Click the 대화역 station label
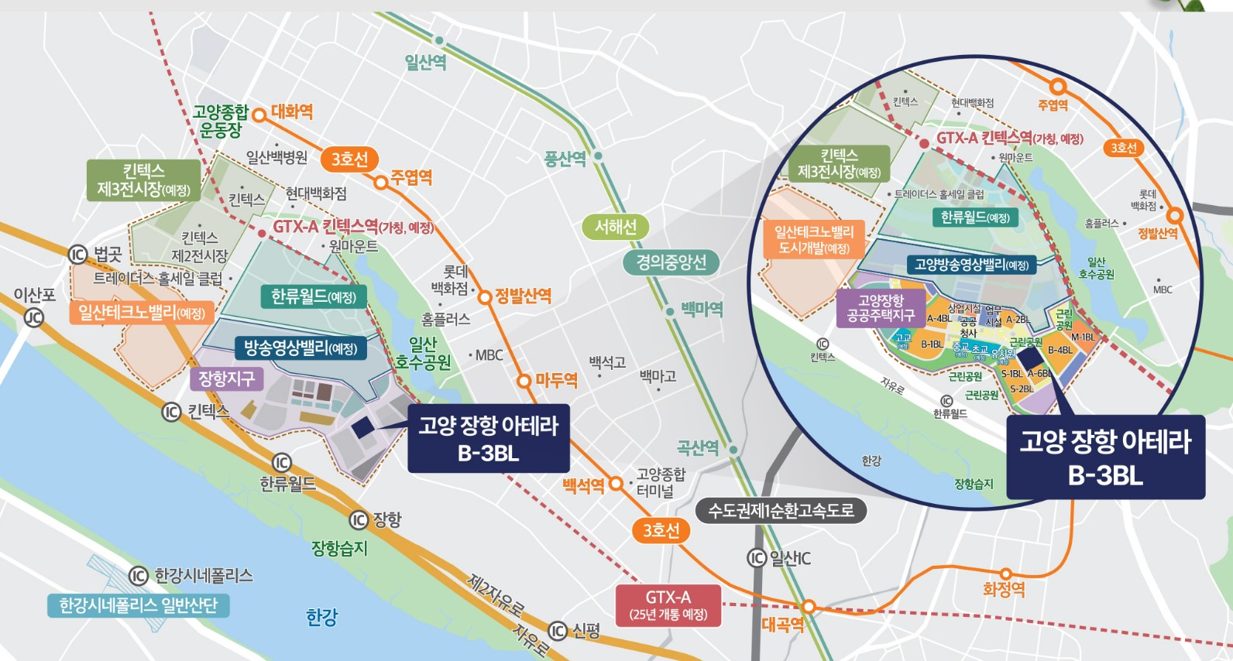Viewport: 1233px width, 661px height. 292,112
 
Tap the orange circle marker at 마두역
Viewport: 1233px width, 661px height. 524,381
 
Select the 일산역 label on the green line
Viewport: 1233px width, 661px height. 425,62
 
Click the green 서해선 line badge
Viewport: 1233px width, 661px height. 615,227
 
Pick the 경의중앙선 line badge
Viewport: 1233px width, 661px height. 671,262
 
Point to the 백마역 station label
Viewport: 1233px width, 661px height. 702,310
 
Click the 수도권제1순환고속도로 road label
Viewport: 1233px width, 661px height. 781,511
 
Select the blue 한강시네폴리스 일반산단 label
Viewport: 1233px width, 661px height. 139,605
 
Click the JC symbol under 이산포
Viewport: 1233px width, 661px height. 33,317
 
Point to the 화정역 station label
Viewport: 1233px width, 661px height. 1004,590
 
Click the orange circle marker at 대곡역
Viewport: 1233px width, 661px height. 808,606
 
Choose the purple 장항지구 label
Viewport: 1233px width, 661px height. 226,378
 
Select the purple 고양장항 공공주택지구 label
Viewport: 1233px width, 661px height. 881,307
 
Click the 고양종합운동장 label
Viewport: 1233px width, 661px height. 221,122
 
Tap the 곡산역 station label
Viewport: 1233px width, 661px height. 698,448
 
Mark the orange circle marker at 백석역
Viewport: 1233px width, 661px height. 616,484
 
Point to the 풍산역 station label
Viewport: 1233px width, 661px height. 565,159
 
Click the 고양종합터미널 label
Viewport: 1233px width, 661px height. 661,482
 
